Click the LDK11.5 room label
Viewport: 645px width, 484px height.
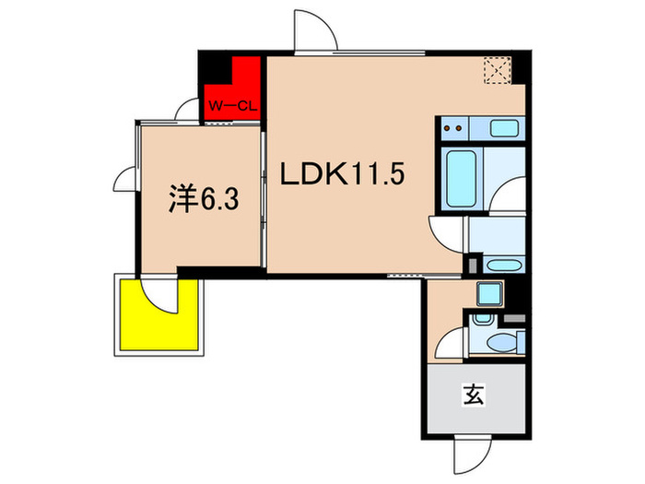tap(342, 173)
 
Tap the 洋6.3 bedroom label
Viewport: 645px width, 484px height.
tap(204, 199)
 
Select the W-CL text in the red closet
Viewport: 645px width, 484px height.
tap(233, 106)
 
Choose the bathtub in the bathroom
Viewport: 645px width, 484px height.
tap(461, 179)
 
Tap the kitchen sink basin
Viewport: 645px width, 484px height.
tap(504, 127)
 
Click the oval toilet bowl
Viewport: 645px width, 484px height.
tap(501, 342)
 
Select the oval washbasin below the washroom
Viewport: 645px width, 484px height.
tap(503, 266)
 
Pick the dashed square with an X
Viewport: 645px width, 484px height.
tap(498, 70)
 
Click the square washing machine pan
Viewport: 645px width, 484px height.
tap(490, 294)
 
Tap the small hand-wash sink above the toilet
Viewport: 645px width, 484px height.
tap(483, 319)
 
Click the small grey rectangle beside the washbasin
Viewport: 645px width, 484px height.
tap(473, 265)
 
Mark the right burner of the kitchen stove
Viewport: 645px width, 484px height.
tap(459, 128)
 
